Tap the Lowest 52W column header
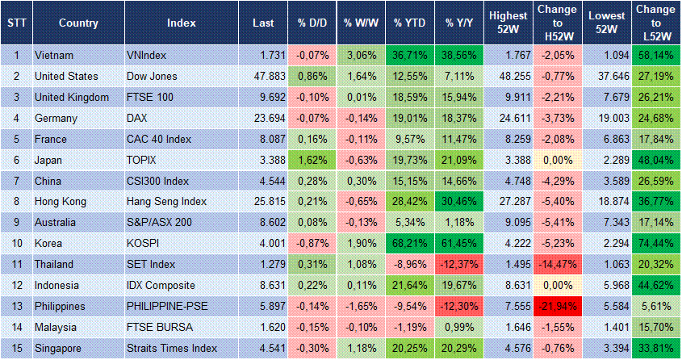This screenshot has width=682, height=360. pos(606,23)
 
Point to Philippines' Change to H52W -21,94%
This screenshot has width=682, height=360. pos(557,307)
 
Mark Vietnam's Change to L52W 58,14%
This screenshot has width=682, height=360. pos(655,55)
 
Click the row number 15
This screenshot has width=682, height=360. pos(16,349)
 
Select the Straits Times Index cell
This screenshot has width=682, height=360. pos(172,349)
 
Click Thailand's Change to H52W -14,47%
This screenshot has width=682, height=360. pos(557,265)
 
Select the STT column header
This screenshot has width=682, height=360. pos(16,23)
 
